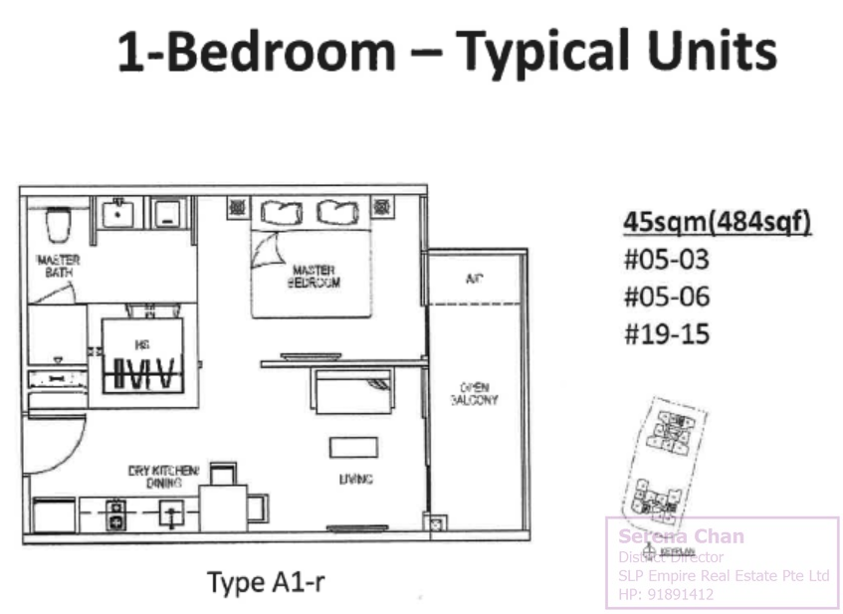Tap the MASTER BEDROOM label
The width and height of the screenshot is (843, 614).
315,276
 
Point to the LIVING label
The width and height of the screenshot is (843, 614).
355,480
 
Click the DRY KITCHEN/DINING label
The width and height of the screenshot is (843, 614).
163,476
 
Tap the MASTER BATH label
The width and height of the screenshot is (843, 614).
58,266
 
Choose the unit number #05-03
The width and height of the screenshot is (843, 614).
667,261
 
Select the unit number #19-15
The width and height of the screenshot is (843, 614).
667,333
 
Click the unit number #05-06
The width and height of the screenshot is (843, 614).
667,298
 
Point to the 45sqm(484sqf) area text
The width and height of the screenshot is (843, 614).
717,222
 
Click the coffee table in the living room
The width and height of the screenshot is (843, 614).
354,447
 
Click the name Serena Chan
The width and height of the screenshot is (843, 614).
681,536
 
